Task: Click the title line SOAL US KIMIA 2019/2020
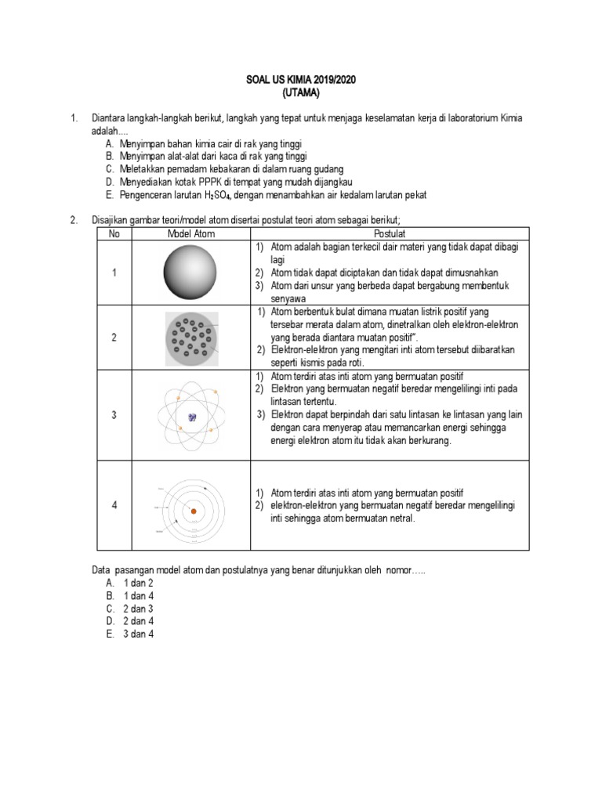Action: tap(301, 81)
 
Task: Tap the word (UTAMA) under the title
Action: tap(301, 93)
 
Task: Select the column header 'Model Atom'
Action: tap(191, 233)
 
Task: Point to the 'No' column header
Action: tap(114, 233)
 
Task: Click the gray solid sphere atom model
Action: tap(191, 272)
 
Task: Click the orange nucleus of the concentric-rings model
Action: tap(194, 510)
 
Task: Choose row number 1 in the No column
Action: tap(114, 273)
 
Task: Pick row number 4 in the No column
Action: tap(114, 506)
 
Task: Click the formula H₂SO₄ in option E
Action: tap(198, 195)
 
